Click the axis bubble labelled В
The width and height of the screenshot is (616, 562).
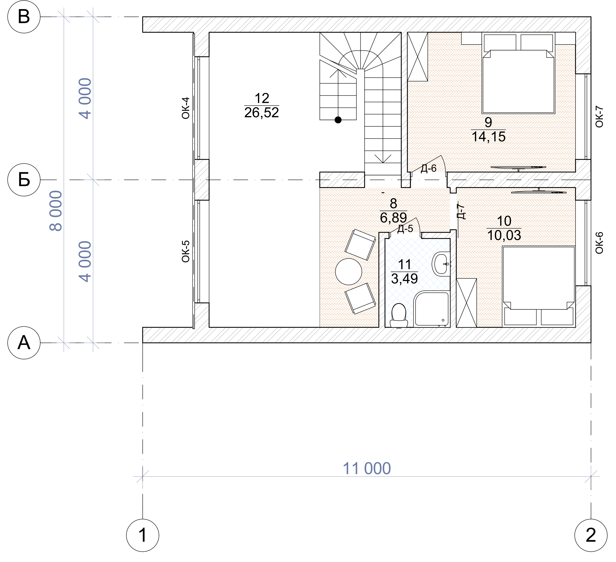pyautogui.click(x=24, y=16)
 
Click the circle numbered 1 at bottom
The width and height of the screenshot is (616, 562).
pyautogui.click(x=143, y=535)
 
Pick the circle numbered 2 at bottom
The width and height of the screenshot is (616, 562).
pyautogui.click(x=591, y=535)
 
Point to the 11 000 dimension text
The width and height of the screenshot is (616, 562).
pyautogui.click(x=367, y=468)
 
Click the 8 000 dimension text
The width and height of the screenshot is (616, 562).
pyautogui.click(x=56, y=211)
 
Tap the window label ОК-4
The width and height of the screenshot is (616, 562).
pyautogui.click(x=186, y=108)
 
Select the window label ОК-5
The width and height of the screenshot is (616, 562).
pyautogui.click(x=186, y=251)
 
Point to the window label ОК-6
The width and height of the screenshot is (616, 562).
pyautogui.click(x=600, y=243)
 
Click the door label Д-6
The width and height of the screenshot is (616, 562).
pyautogui.click(x=429, y=168)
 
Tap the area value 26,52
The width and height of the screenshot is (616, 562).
pyautogui.click(x=262, y=112)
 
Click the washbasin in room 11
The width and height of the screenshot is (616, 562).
pyautogui.click(x=441, y=264)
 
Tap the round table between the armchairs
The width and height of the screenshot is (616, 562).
pyautogui.click(x=349, y=272)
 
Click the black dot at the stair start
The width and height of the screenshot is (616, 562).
pyautogui.click(x=338, y=120)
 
